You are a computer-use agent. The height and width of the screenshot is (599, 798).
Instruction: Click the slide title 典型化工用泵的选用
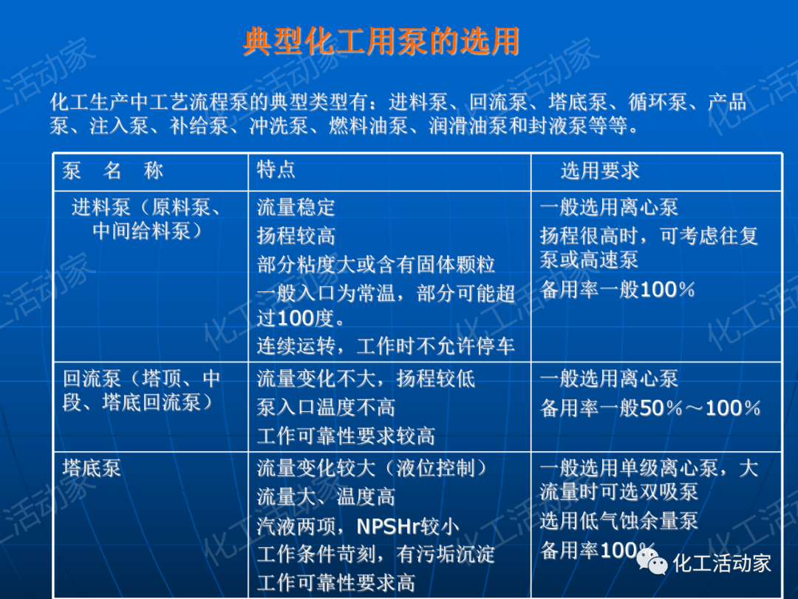click(x=381, y=42)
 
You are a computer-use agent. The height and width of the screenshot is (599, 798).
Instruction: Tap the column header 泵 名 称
click(x=112, y=172)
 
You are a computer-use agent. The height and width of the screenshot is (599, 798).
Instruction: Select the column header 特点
click(x=276, y=169)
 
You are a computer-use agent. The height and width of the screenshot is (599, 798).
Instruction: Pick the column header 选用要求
click(x=599, y=171)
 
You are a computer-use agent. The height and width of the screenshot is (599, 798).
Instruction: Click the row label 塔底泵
click(x=92, y=468)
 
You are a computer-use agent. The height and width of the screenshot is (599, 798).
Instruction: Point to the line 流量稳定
click(x=296, y=207)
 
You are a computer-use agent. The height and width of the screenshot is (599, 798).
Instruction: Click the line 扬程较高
click(x=296, y=236)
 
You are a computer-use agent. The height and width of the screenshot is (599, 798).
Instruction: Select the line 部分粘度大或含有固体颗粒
click(x=376, y=265)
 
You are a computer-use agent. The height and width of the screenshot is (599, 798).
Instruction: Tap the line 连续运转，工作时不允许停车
click(x=386, y=346)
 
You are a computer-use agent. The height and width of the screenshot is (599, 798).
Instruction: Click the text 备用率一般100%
click(x=618, y=289)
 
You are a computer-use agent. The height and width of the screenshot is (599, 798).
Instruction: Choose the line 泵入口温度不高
click(x=326, y=407)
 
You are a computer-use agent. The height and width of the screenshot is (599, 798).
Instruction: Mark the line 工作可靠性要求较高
click(x=346, y=436)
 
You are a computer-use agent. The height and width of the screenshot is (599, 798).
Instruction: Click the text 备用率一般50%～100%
click(x=650, y=407)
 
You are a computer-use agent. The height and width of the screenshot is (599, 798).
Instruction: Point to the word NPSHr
click(x=389, y=527)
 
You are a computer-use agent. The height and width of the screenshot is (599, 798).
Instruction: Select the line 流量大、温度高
click(x=326, y=497)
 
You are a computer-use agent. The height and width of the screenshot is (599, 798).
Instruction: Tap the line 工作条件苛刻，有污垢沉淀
click(x=376, y=555)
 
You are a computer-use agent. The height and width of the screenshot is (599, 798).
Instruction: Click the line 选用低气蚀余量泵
click(x=619, y=521)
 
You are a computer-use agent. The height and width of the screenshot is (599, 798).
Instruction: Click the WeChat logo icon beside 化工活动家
click(x=653, y=564)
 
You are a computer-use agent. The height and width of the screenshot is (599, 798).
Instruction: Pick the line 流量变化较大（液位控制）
click(x=373, y=468)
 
